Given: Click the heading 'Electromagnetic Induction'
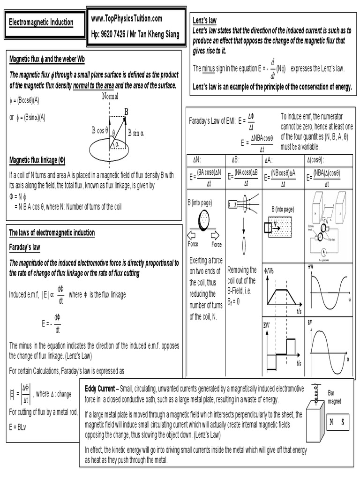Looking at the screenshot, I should click(42, 22).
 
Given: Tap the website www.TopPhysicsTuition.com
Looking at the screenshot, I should click(127, 18).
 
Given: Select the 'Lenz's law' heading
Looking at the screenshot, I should click(204, 20).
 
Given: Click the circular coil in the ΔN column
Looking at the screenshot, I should click(205, 219).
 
